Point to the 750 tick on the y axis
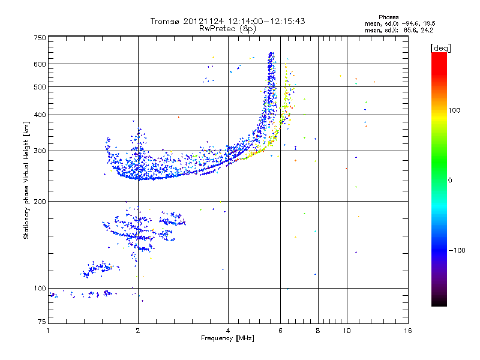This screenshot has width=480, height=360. pyautogui.click(x=39, y=38)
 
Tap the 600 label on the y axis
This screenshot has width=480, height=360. pyautogui.click(x=39, y=64)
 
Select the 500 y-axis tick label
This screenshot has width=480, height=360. pyautogui.click(x=39, y=87)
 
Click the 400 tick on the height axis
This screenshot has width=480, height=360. pyautogui.click(x=39, y=115)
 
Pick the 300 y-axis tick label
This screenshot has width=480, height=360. pyautogui.click(x=39, y=151)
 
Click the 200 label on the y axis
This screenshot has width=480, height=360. pyautogui.click(x=39, y=201)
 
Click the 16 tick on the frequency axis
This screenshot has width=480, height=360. pyautogui.click(x=408, y=331)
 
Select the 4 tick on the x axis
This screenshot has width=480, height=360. pyautogui.click(x=228, y=331)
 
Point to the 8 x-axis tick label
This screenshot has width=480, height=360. pyautogui.click(x=318, y=331)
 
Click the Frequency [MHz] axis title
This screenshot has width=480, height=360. pyautogui.click(x=228, y=339)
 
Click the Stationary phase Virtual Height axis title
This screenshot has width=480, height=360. pyautogui.click(x=26, y=180)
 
